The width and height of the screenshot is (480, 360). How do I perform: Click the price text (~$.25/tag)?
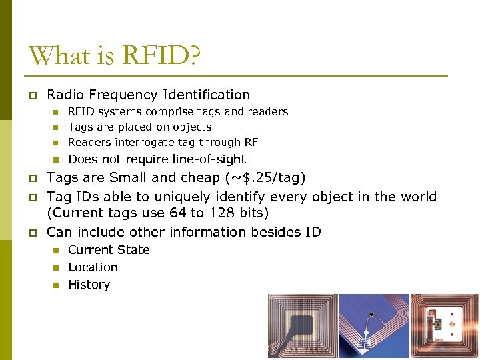click(265, 178)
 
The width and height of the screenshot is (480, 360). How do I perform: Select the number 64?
click(178, 213)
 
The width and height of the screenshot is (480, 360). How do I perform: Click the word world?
click(417, 197)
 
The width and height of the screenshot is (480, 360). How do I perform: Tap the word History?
click(89, 285)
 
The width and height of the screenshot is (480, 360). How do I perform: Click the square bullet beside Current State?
click(56, 251)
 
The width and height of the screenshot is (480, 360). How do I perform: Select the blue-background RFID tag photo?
click(373, 327)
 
